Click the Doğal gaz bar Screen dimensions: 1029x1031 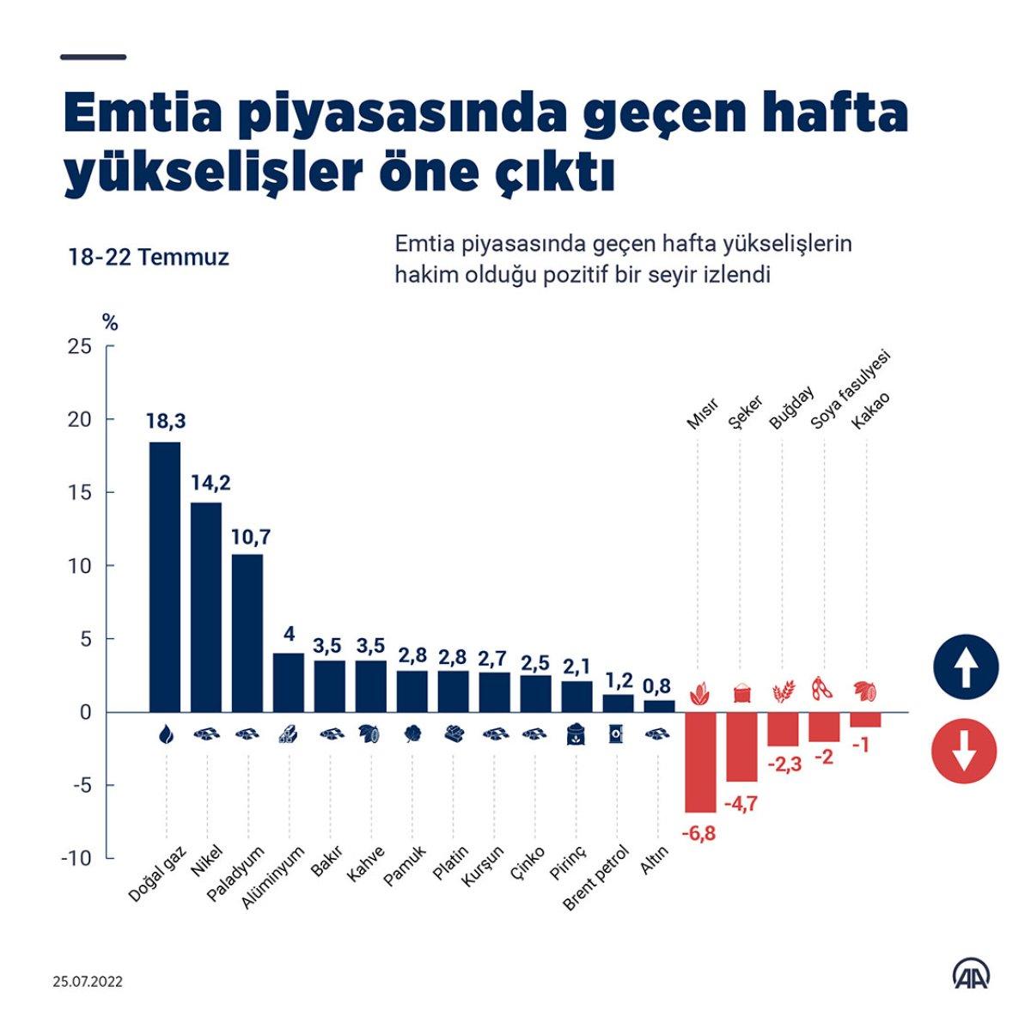pos(165,575)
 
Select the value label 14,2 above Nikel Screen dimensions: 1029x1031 pos(210,483)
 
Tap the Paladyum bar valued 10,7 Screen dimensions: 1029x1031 pos(247,632)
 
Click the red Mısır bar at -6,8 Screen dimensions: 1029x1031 pos(700,762)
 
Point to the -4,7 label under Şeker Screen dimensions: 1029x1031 pos(741,805)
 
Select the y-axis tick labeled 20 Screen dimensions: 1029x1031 pos(80,419)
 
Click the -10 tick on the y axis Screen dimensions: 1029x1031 pos(76,858)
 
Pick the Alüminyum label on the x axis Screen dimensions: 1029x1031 pos(274,877)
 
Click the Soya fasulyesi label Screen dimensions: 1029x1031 pos(851,390)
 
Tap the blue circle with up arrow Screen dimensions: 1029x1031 pos(965,667)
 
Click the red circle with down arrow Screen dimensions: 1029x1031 pos(965,752)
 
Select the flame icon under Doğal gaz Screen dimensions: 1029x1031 pos(165,734)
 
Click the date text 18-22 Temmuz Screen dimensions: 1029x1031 pos(149,257)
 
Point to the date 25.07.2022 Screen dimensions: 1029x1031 pos(87,981)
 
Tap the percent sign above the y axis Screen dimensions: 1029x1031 pos(110,324)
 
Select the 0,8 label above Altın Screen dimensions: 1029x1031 pos(658,685)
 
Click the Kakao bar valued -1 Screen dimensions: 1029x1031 pos(865,720)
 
